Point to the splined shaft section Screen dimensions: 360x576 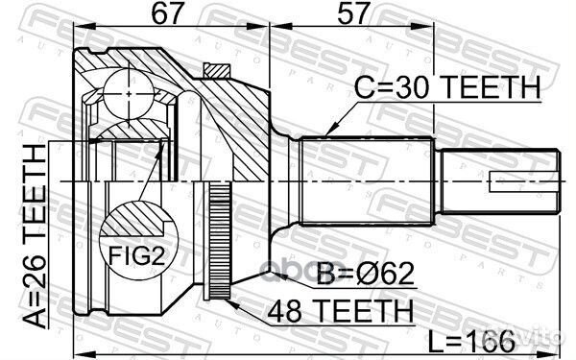pyautogui.click(x=370, y=182)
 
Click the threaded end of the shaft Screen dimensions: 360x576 pyautogui.click(x=499, y=182)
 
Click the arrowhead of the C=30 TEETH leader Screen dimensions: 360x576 pyautogui.click(x=329, y=131)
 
